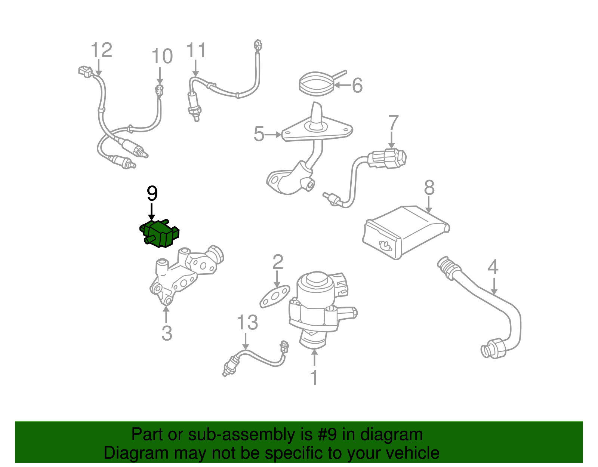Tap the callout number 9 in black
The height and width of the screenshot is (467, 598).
pyautogui.click(x=152, y=193)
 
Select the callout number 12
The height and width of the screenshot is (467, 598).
pyautogui.click(x=101, y=50)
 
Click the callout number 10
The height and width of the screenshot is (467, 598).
pyautogui.click(x=162, y=57)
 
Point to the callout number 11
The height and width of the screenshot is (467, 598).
pyautogui.click(x=196, y=50)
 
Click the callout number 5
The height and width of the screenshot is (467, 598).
pyautogui.click(x=259, y=134)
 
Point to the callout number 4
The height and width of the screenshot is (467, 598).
pyautogui.click(x=493, y=267)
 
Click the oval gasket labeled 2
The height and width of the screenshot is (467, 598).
pyautogui.click(x=275, y=297)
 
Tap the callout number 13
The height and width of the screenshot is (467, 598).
pyautogui.click(x=247, y=322)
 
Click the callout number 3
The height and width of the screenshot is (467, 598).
pyautogui.click(x=167, y=333)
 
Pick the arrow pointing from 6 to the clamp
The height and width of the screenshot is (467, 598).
pyautogui.click(x=341, y=85)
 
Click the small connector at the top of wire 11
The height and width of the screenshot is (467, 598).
pyautogui.click(x=258, y=45)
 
